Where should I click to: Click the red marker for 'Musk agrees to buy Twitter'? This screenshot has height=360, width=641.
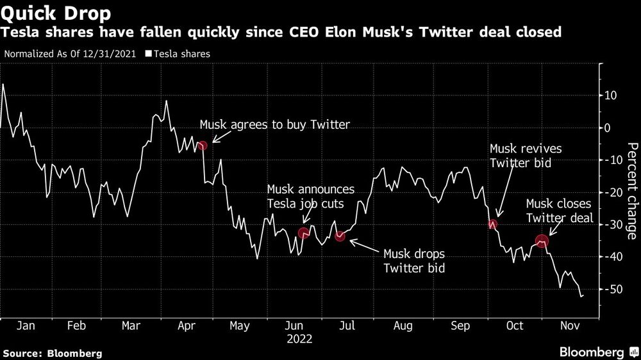pos(203,146)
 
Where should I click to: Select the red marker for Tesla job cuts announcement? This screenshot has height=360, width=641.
pos(304,233)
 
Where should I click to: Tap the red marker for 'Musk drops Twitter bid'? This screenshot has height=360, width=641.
pos(340,236)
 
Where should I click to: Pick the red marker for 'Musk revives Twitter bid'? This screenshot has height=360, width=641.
pos(492,224)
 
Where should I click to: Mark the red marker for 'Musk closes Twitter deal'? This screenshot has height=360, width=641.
pos(542,241)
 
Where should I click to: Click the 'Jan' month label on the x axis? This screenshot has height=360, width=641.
pos(26,326)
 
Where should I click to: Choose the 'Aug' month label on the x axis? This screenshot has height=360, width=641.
pos(403,326)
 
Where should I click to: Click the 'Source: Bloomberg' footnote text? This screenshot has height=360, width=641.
pos(52,353)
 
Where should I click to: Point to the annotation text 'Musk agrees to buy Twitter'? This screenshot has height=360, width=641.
pos(275,125)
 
